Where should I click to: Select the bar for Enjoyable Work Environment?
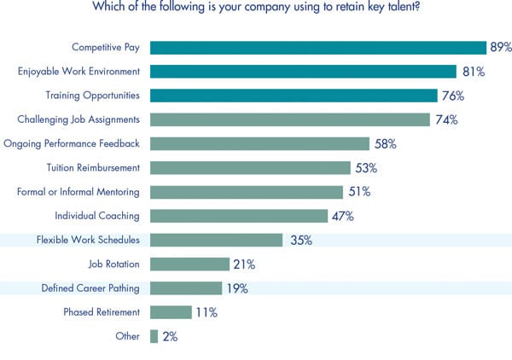tap(303, 72)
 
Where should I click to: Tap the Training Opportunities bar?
tap(294, 96)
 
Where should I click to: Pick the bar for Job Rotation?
tap(189, 264)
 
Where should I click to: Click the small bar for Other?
tap(154, 336)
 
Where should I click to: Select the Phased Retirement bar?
tap(171, 312)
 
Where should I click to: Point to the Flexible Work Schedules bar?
tap(216, 240)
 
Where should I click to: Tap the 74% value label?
tap(446, 120)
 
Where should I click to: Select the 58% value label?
tap(386, 144)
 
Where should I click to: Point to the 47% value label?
tap(343, 216)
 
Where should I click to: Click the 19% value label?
tap(236, 288)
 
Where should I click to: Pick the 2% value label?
tap(169, 336)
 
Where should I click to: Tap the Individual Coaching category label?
tap(97, 216)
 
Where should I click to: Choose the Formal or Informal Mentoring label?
tap(79, 192)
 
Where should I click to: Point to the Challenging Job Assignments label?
tap(79, 120)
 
